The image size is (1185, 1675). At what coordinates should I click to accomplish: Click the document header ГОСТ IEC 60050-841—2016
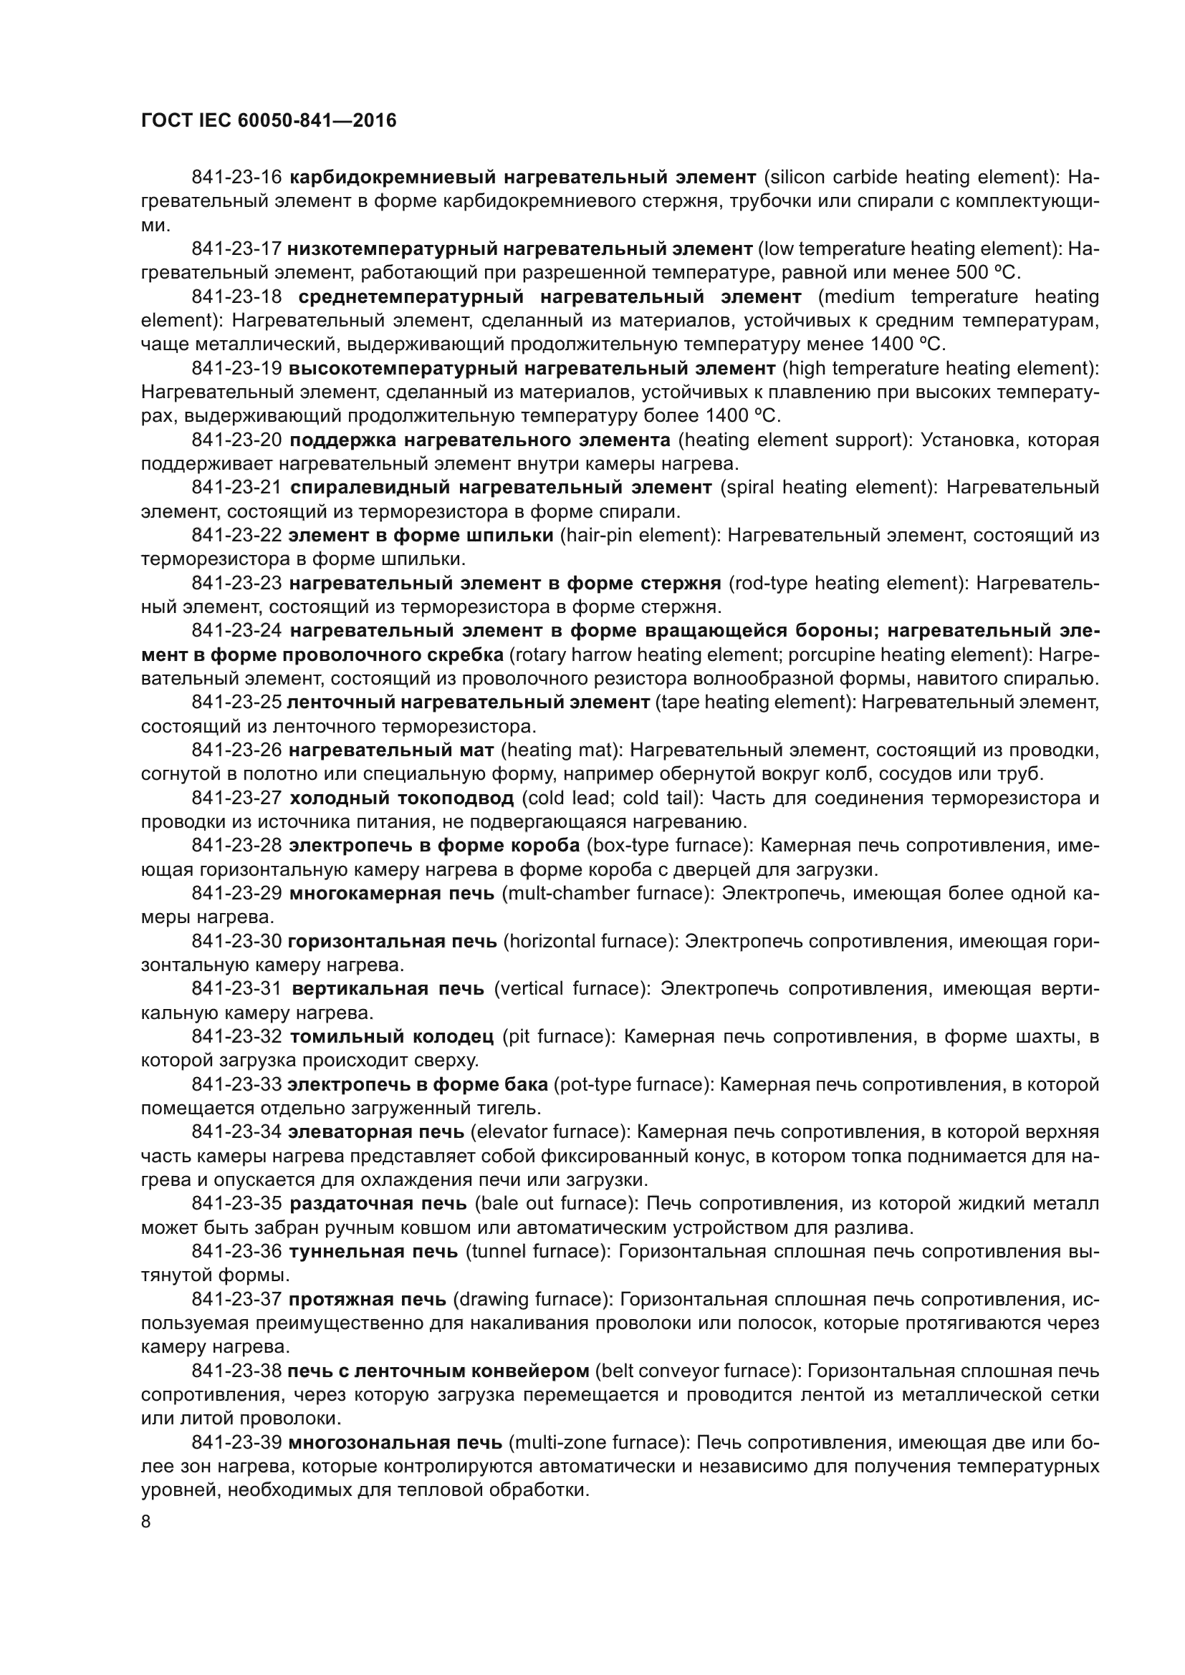(x=269, y=120)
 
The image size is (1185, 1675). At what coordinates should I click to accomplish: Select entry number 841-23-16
(x=236, y=178)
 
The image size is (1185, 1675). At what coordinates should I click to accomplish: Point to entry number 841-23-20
(x=236, y=440)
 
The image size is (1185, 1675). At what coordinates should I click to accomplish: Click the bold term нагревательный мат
(x=391, y=750)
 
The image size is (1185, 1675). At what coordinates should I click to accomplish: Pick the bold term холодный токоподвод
(x=401, y=798)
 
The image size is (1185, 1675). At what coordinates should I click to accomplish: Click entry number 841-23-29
(x=236, y=893)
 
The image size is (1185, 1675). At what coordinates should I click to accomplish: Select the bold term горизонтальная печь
(x=392, y=941)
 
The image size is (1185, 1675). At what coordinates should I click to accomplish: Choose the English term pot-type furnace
(x=633, y=1084)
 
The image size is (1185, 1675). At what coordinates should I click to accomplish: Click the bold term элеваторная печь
(x=376, y=1131)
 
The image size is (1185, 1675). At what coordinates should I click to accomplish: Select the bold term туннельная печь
(x=373, y=1251)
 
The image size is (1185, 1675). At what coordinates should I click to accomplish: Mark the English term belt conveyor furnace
(x=695, y=1371)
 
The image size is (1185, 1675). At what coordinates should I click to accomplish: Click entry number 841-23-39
(x=236, y=1442)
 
